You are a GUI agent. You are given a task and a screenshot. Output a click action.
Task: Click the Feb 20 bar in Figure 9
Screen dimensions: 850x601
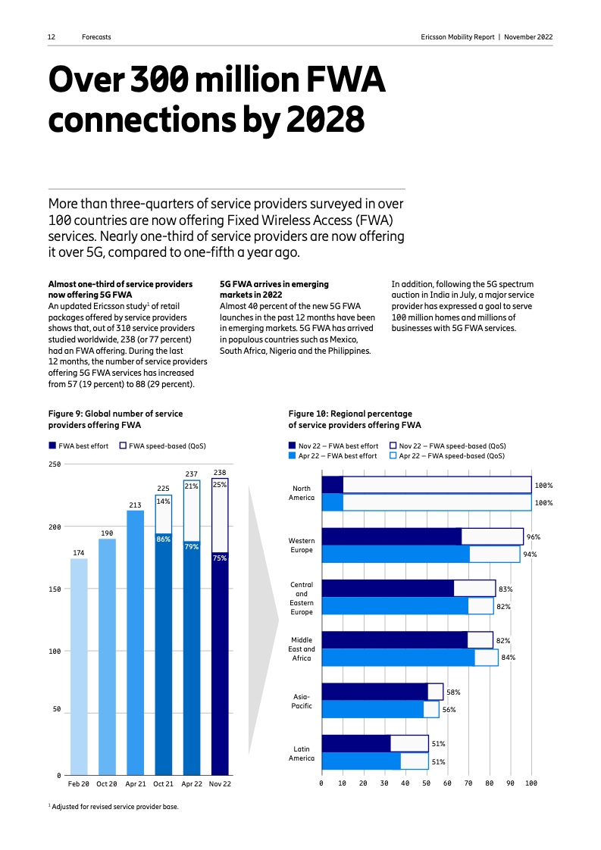coord(79,667)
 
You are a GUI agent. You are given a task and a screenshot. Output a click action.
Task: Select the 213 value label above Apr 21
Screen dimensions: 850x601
coord(135,505)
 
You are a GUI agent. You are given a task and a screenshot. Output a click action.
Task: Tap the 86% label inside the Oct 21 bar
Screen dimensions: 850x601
coord(163,539)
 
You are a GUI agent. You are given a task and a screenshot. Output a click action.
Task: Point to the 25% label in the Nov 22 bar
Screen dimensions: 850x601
coord(220,484)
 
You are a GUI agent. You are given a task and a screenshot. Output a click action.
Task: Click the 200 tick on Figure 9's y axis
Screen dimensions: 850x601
coord(55,527)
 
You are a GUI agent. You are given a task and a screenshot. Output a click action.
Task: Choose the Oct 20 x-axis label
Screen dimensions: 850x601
coord(107,783)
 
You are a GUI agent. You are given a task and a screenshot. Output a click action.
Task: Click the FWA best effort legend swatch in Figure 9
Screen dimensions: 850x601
coord(52,446)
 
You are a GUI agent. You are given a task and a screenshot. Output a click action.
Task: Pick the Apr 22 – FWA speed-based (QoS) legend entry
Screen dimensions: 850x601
coord(447,456)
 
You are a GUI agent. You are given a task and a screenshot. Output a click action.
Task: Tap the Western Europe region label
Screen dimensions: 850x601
coord(302,545)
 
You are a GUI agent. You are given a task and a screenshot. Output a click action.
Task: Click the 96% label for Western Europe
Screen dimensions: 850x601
coord(533,537)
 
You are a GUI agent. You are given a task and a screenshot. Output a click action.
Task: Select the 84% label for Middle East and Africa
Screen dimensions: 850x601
coord(508,658)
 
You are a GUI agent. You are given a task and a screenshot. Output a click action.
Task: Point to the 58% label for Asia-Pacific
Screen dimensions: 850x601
coord(453,692)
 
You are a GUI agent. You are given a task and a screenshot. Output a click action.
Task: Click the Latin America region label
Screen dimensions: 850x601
coord(302,753)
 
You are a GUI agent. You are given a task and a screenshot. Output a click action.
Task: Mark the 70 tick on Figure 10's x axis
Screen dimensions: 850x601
coord(468,783)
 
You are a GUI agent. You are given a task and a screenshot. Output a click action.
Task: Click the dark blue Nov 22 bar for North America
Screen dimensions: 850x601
coord(333,485)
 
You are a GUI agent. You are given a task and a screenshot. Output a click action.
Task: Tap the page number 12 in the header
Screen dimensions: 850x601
coord(52,37)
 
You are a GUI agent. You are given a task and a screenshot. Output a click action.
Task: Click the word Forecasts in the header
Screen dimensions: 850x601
coord(96,37)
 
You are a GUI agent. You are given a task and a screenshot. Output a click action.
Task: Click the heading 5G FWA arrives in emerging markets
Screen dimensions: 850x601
coord(274,289)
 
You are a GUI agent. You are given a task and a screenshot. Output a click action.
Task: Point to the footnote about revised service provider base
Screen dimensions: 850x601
coord(114,807)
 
